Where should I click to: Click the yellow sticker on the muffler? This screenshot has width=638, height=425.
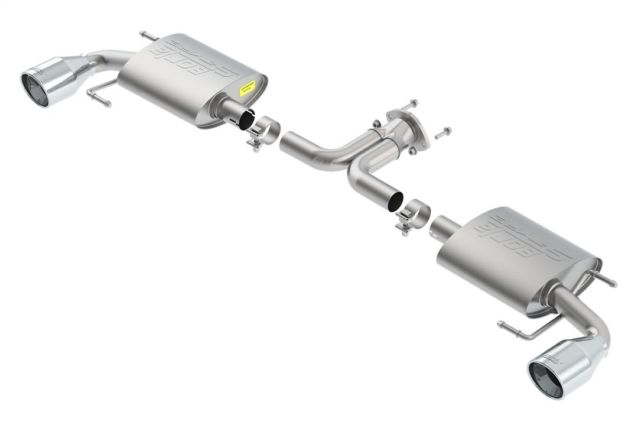pyautogui.click(x=248, y=89)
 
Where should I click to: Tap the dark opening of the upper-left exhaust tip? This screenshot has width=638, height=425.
pyautogui.click(x=34, y=90)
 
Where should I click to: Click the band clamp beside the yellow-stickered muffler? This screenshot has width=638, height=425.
pyautogui.click(x=264, y=132)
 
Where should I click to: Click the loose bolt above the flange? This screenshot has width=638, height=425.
pyautogui.click(x=408, y=105)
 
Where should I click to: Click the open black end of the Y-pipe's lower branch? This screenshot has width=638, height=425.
pyautogui.click(x=393, y=200)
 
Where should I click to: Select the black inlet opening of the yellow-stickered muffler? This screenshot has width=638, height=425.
pyautogui.click(x=245, y=120)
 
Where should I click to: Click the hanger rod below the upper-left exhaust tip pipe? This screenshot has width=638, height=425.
pyautogui.click(x=99, y=98)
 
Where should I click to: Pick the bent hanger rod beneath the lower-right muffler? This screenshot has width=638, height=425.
pyautogui.click(x=526, y=333)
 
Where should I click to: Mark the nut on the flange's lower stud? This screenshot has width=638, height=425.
pyautogui.click(x=412, y=151)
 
